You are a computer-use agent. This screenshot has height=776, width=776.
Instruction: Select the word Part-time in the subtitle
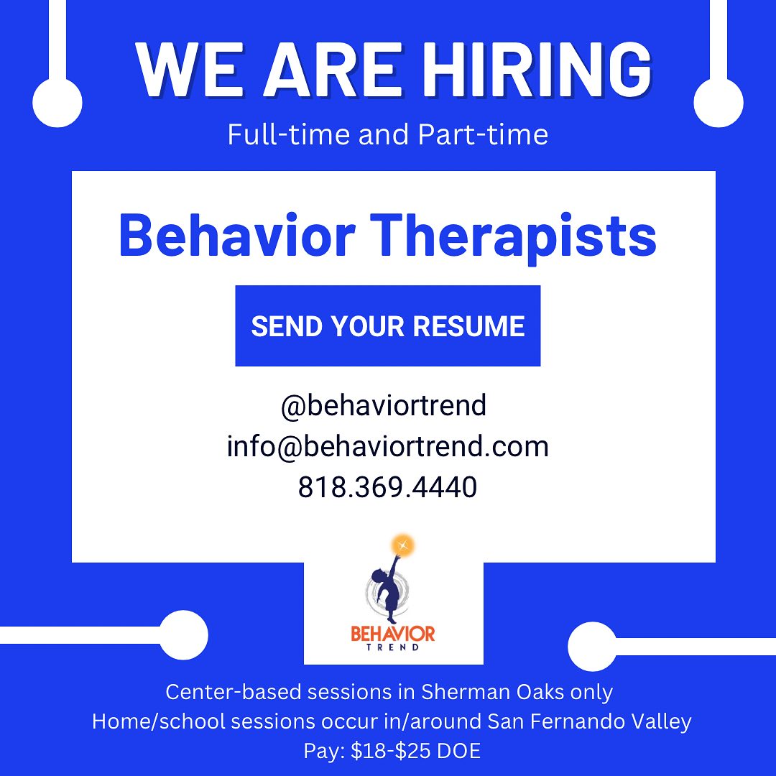point(483,134)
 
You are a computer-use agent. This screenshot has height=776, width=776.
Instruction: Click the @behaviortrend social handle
point(384,406)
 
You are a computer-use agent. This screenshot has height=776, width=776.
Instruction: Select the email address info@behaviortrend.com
point(387,446)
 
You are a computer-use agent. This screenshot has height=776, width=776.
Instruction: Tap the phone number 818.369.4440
point(387,487)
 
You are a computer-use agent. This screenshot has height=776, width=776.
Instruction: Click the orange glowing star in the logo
point(403,545)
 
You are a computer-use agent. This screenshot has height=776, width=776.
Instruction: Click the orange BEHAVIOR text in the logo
point(393,634)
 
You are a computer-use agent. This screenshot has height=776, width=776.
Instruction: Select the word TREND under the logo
point(393,647)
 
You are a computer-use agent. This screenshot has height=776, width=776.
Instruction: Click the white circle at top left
point(57,103)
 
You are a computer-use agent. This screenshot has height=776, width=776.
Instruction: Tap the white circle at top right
point(719,103)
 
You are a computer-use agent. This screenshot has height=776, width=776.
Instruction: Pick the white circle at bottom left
point(183,635)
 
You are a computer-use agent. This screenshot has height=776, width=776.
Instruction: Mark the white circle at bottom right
point(592,647)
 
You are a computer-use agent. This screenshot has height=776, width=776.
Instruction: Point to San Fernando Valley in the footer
point(589,722)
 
